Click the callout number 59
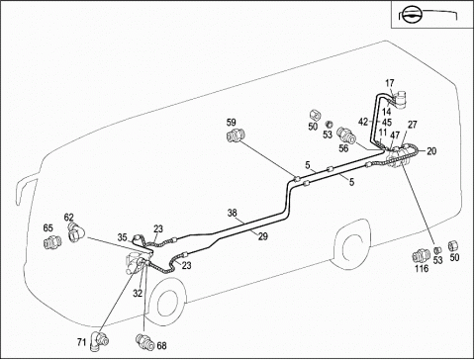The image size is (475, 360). coord(232,123)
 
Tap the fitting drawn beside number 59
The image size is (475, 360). coord(236,135)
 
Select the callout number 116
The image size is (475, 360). coord(422,269)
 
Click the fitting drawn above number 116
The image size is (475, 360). coord(421,256)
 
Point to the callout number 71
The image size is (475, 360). coord(82,342)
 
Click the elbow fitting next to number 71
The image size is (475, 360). coord(101,339)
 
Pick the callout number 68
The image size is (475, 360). coord(161,346)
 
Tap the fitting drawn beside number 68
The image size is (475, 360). coord(145,341)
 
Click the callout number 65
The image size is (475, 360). coord(48,227)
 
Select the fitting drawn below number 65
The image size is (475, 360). coord(52,242)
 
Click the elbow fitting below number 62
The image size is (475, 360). coord(77,232)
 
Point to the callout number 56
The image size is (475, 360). coord(343,148)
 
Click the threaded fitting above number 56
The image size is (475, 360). coord(345,135)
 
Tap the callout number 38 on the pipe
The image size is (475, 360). coord(233,213)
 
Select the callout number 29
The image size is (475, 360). coord(263,236)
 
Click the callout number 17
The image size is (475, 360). coord(390,83)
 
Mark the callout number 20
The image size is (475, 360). coord(431,151)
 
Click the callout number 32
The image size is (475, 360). coord(138,293)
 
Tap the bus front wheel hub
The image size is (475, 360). coord(166,304)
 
